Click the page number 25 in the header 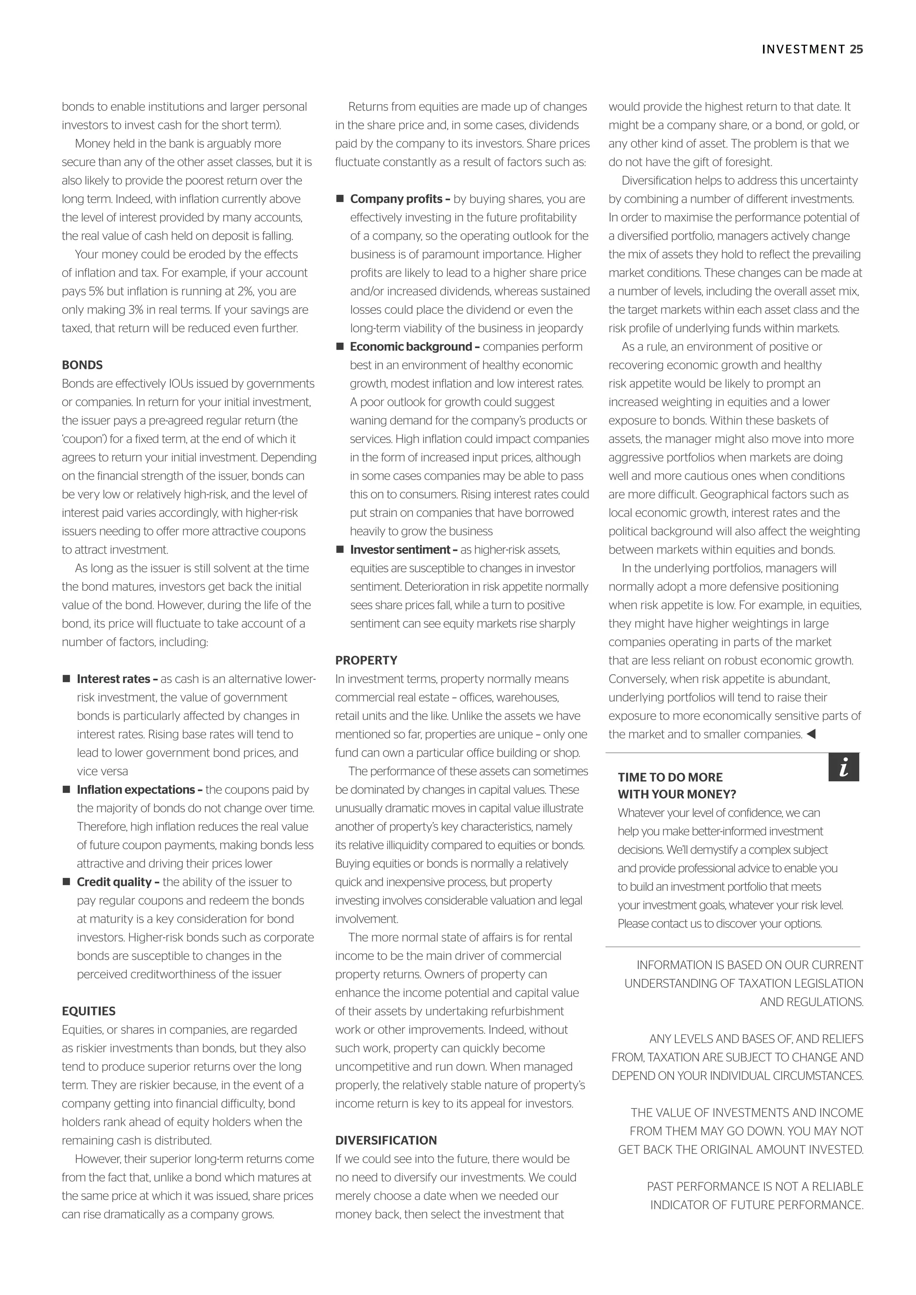pos(856,50)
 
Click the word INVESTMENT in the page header pos(803,50)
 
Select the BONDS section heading pos(82,365)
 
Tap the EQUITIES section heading pos(89,1011)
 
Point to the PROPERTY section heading pos(366,660)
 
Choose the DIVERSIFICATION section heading pos(386,1140)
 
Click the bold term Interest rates pos(113,679)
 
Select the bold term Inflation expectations pos(136,790)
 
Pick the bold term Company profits pos(396,199)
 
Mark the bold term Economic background pos(411,347)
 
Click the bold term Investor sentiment pos(399,550)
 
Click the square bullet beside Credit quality pos(66,881)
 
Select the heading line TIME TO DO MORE pos(670,777)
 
